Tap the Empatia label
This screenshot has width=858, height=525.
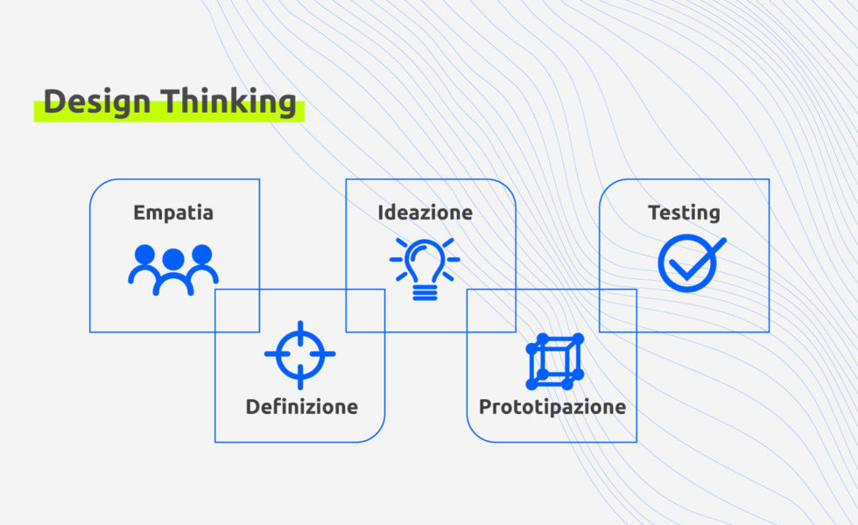point(173,213)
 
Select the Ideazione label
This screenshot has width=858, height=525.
point(425,213)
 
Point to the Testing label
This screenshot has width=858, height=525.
point(684,213)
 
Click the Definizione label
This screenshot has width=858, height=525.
point(301,407)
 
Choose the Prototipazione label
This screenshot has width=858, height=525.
point(552,407)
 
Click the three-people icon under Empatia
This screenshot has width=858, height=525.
point(173,269)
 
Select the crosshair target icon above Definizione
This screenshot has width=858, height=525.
point(299,354)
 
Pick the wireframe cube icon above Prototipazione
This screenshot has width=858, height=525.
point(555,360)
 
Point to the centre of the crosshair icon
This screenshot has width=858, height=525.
point(299,354)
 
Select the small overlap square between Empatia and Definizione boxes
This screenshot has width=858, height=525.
point(237,311)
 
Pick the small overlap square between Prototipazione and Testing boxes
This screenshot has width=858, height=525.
point(617,311)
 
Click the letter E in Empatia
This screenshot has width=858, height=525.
point(139,213)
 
